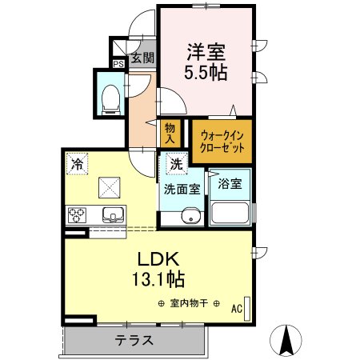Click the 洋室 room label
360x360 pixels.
(x=206, y=53)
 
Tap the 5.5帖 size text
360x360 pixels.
(x=206, y=72)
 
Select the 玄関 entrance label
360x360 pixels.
(x=142, y=58)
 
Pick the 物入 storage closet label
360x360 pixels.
(x=170, y=134)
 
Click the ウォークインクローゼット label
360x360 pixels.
(x=222, y=141)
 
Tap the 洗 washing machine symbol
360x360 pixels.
(x=174, y=163)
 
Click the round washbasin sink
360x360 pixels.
(x=190, y=217)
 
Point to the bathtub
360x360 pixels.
(x=230, y=214)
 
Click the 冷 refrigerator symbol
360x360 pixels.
(x=77, y=162)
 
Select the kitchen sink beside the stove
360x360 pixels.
(x=110, y=214)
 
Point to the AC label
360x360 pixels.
(x=236, y=307)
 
